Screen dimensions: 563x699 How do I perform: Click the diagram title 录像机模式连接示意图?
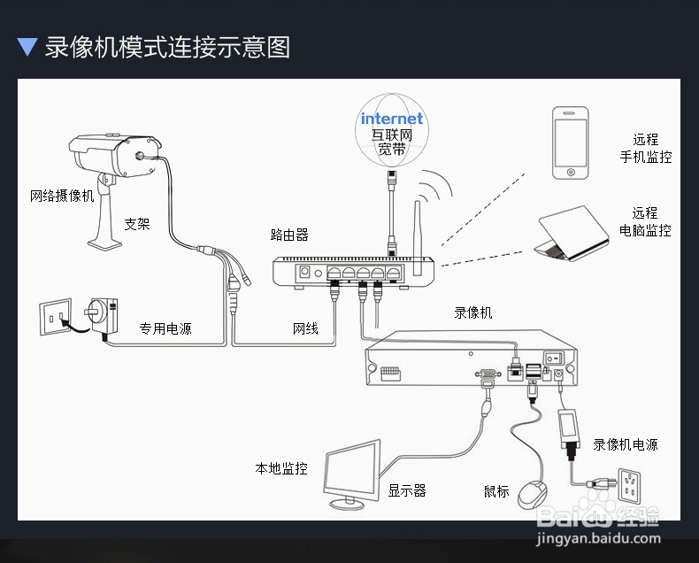pyautogui.click(x=167, y=46)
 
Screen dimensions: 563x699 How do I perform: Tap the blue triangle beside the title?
pyautogui.click(x=27, y=47)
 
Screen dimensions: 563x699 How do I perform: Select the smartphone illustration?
pyautogui.click(x=570, y=143)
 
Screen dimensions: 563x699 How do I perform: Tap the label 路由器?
pyautogui.click(x=289, y=235)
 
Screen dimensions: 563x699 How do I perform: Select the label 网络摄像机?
pyautogui.click(x=62, y=196)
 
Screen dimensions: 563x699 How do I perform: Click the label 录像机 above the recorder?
pyautogui.click(x=473, y=312)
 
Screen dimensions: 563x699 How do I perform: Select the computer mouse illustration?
pyautogui.click(x=533, y=491)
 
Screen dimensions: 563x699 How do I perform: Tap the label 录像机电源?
pyautogui.click(x=626, y=444)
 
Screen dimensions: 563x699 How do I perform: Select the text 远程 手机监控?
pyautogui.click(x=645, y=148)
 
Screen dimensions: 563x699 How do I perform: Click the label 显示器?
pyautogui.click(x=407, y=490)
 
